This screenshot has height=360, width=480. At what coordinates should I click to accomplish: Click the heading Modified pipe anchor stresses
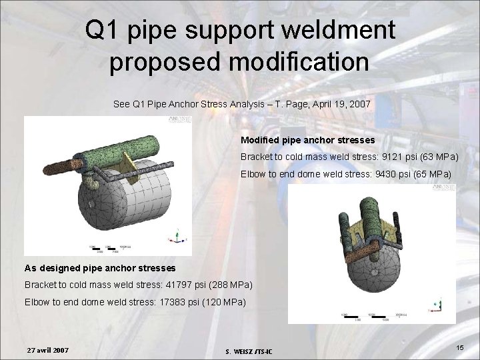pos(307,141)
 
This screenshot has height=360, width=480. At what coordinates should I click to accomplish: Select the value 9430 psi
pos(380,175)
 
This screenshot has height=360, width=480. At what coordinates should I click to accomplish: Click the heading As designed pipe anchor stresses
pos(100,268)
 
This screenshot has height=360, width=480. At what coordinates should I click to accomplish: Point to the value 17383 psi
pos(163,303)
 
